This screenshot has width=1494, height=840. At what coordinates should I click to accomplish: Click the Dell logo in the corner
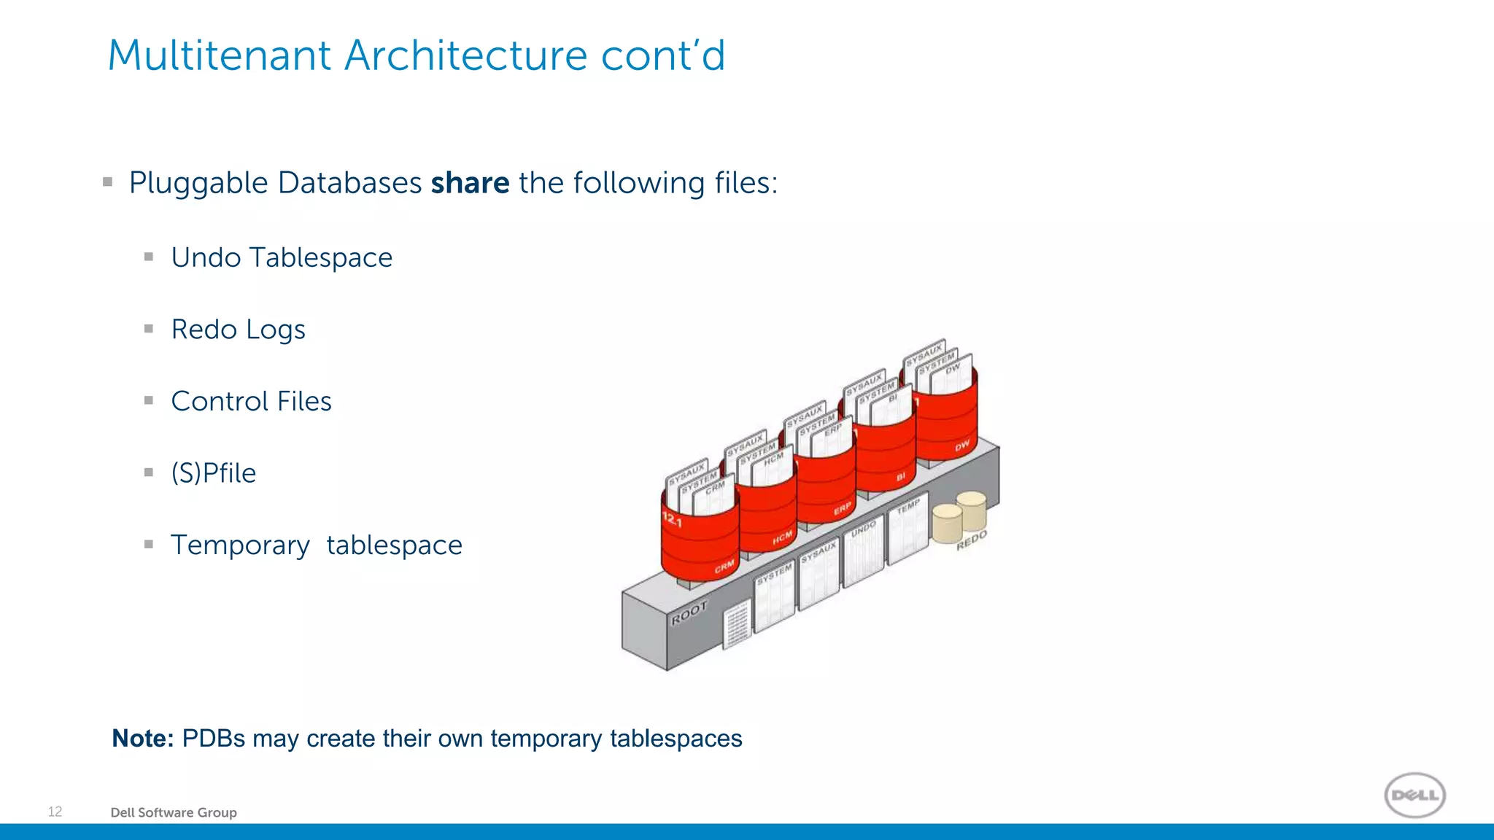coord(1414,795)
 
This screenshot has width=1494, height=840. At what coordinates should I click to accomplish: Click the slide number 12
coord(55,812)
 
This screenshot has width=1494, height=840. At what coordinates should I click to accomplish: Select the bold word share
coord(470,182)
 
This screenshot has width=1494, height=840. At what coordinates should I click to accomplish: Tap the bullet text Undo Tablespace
coord(282,257)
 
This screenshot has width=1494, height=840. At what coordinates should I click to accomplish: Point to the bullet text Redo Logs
coord(238,330)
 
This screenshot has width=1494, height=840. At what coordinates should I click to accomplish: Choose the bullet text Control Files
coord(251,401)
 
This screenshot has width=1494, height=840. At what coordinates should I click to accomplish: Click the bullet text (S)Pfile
coord(213,473)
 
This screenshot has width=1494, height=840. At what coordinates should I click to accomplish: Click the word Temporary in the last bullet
coord(240,545)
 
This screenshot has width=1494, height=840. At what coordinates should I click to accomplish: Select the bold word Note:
coord(142,738)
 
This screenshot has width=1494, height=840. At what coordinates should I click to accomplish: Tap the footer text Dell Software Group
coord(174,812)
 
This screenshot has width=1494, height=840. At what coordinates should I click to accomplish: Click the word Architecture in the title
coord(465,55)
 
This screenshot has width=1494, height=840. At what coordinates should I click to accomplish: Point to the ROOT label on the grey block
coord(689,612)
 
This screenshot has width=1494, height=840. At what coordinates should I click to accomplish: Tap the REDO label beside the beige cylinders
coord(971,540)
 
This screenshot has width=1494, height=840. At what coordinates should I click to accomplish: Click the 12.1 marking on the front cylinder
coord(672,520)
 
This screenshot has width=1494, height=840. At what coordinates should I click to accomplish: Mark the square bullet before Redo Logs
coord(149,329)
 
